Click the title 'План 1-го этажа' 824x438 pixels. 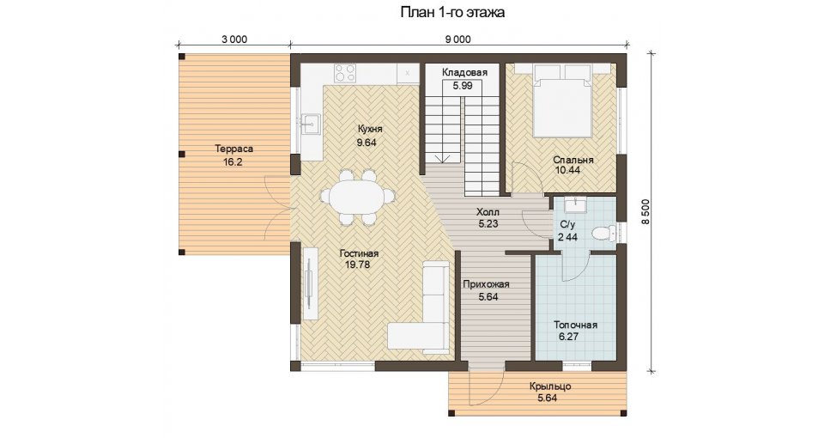click(x=452, y=12)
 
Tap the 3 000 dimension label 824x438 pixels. click(x=234, y=40)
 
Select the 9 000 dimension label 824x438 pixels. click(x=458, y=40)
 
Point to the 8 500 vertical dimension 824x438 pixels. click(x=645, y=211)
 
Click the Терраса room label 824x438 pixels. click(x=233, y=149)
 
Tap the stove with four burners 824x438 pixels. click(x=345, y=72)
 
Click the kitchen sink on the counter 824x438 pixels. click(x=310, y=124)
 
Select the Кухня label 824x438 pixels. click(x=370, y=130)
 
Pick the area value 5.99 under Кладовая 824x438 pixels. click(x=463, y=86)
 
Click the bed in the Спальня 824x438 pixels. click(x=562, y=100)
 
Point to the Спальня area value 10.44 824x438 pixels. click(x=567, y=170)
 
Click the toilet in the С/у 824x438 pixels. click(x=603, y=232)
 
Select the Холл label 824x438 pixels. click(x=488, y=212)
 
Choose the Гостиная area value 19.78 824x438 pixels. click(x=357, y=265)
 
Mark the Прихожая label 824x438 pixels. click(x=486, y=285)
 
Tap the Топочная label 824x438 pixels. click(x=575, y=325)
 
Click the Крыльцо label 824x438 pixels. click(x=550, y=387)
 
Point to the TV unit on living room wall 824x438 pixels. click(x=310, y=283)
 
